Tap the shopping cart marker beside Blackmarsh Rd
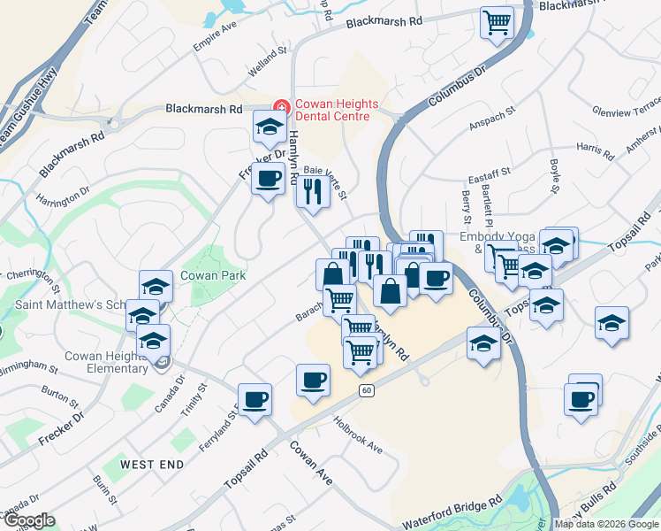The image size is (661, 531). pos(497,22)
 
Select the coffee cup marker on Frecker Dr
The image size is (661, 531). pos(268,178)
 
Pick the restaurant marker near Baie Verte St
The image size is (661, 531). pos(311,190)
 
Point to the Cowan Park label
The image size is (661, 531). pos(206,275)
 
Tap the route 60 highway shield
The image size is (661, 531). pos(365,390)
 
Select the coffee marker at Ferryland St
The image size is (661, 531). pos(255,399)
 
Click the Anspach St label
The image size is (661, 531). pos(490,126)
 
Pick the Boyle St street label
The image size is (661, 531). pos(554,175)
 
